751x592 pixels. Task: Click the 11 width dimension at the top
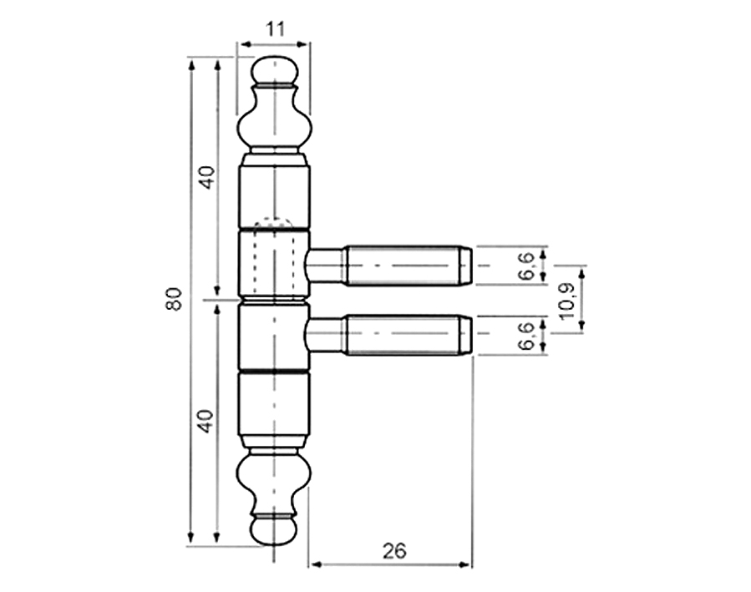(x=276, y=28)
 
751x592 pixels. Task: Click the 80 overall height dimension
(x=173, y=298)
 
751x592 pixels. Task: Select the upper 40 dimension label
(x=206, y=178)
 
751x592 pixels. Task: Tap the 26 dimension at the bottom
(x=393, y=550)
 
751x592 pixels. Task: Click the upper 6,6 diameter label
(x=525, y=266)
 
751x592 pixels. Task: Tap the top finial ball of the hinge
(x=274, y=70)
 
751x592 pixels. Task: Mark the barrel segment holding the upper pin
(x=274, y=264)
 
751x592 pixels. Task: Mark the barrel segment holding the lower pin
(x=274, y=336)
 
